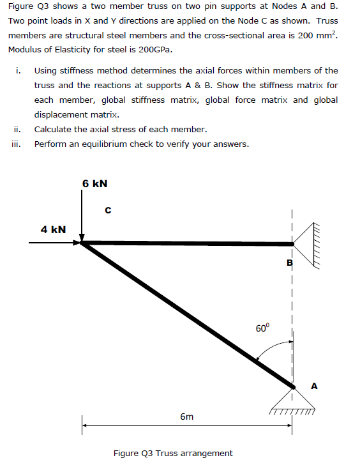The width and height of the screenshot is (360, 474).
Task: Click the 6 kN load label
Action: tap(94, 184)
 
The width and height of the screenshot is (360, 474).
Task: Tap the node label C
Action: tap(108, 209)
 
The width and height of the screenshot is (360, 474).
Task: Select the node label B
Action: tap(290, 263)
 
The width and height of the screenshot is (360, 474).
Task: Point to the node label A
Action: tap(314, 385)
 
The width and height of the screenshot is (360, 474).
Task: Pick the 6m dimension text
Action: tap(186, 417)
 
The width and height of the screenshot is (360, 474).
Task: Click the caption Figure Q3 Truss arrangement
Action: tap(173, 454)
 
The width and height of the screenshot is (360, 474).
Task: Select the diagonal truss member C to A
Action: tap(185, 313)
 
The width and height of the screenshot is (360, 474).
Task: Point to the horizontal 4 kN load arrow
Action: tap(54, 243)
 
